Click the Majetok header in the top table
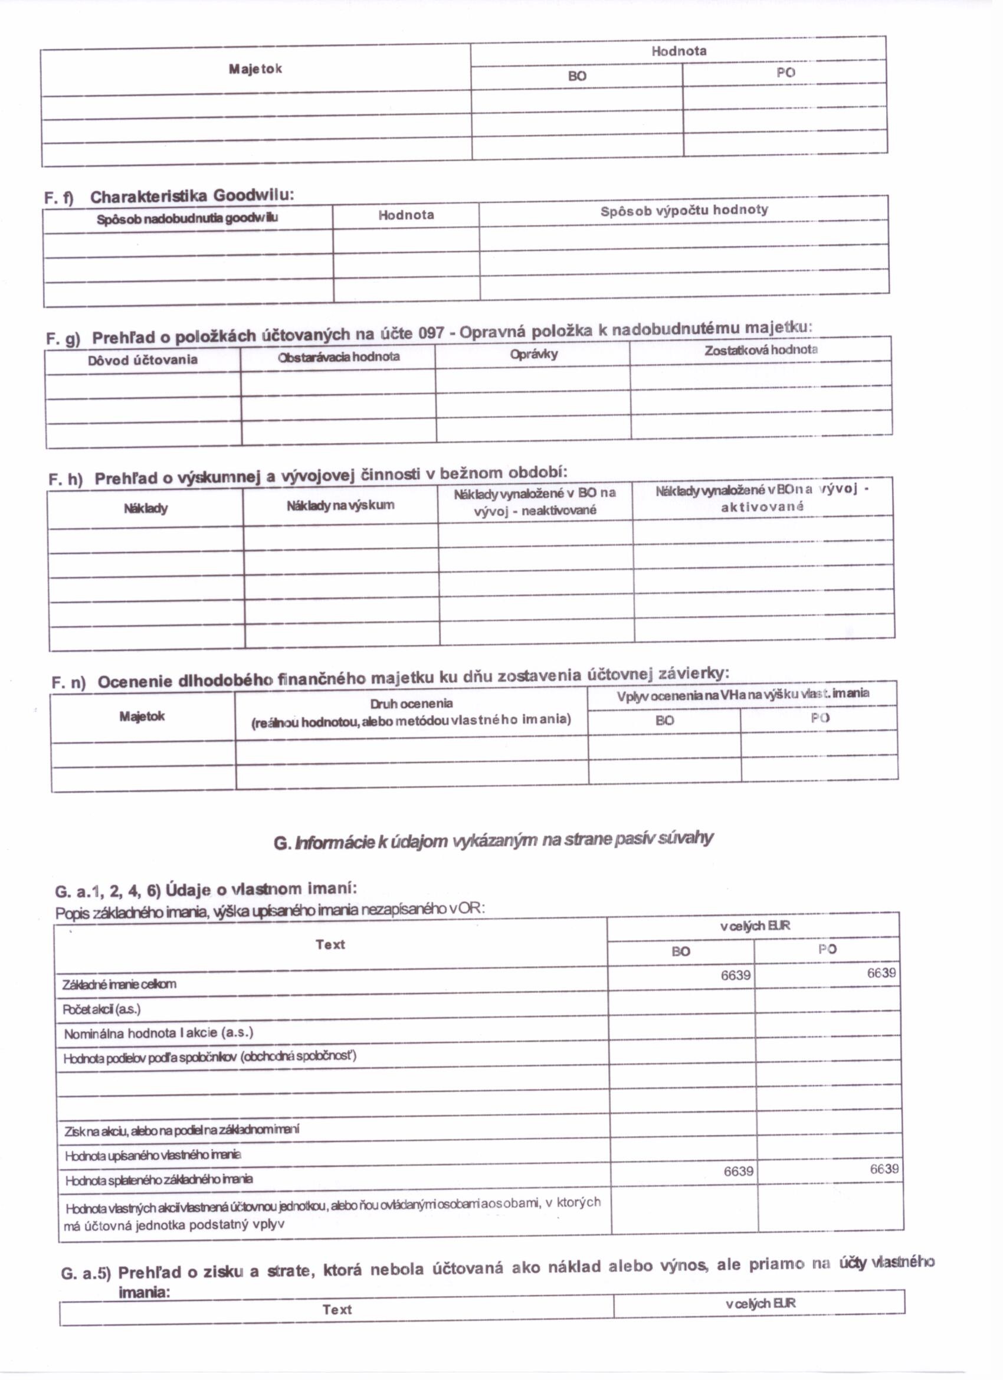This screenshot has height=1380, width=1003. click(x=255, y=68)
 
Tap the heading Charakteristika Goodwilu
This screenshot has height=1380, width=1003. click(x=192, y=196)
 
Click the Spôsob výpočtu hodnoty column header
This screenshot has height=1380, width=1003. click(x=684, y=211)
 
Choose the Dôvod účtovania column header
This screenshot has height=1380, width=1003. click(x=142, y=359)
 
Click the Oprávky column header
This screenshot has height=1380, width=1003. click(x=533, y=354)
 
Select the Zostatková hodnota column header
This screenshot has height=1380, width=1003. click(x=761, y=350)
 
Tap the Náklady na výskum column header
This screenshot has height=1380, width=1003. click(x=340, y=505)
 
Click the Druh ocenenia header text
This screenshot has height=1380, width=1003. click(x=411, y=704)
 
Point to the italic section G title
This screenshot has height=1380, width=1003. click(x=493, y=841)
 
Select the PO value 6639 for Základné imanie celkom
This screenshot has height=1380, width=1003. click(x=881, y=973)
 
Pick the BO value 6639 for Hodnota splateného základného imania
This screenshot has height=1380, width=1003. click(x=738, y=1171)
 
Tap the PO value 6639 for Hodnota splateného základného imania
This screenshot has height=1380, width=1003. click(x=884, y=1169)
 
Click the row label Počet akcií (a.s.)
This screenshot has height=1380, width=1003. click(x=101, y=1009)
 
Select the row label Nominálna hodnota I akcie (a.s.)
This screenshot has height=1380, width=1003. click(x=158, y=1032)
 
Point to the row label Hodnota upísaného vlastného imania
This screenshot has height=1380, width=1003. click(x=153, y=1155)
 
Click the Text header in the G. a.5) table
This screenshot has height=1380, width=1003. click(x=337, y=1309)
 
